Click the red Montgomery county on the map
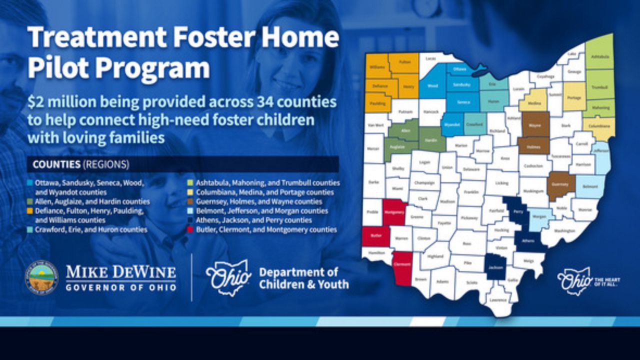coord(395,212)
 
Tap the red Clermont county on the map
coord(402,267)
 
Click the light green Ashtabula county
coord(600,57)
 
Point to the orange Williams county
coord(377,66)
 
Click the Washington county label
coord(564,231)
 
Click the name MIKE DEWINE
coord(121,273)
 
